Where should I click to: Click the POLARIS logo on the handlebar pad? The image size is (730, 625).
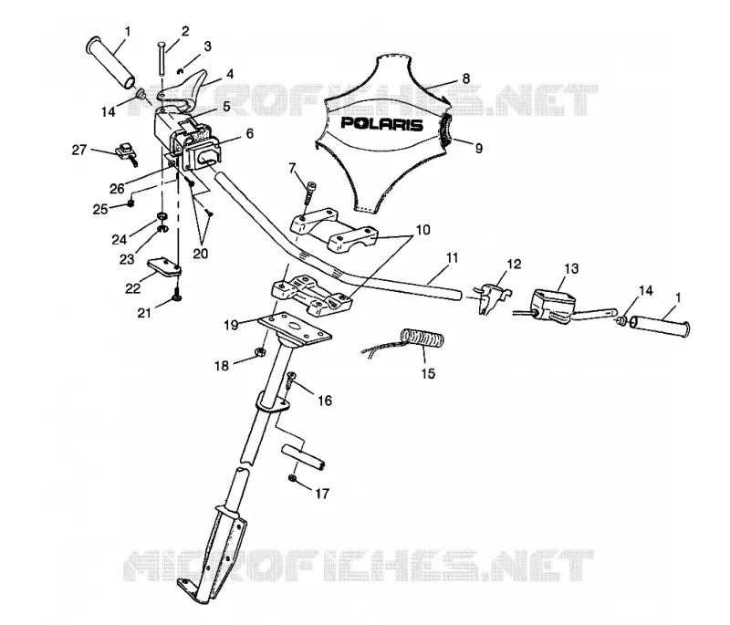tap(381, 124)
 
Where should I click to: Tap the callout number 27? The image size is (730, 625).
tap(79, 150)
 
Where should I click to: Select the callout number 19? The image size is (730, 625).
tap(231, 325)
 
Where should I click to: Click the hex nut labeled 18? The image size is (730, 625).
tap(260, 352)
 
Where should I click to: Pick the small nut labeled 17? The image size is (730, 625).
tap(292, 478)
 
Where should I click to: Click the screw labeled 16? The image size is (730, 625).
tap(291, 380)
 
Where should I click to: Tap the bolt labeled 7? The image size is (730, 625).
tap(308, 192)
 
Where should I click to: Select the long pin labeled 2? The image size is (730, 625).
tap(161, 57)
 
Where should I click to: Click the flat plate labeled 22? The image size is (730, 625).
tap(164, 268)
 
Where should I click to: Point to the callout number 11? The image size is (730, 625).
tap(452, 258)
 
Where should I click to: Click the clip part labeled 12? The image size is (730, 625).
tap(491, 297)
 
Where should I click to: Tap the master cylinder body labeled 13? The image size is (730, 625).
tap(553, 305)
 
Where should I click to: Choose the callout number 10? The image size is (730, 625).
tap(422, 230)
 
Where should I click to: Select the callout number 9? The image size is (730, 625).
tap(478, 149)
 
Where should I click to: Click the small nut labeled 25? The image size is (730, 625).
tap(130, 203)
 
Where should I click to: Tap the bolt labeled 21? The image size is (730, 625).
tap(177, 294)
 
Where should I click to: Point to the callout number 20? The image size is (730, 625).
tap(201, 254)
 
